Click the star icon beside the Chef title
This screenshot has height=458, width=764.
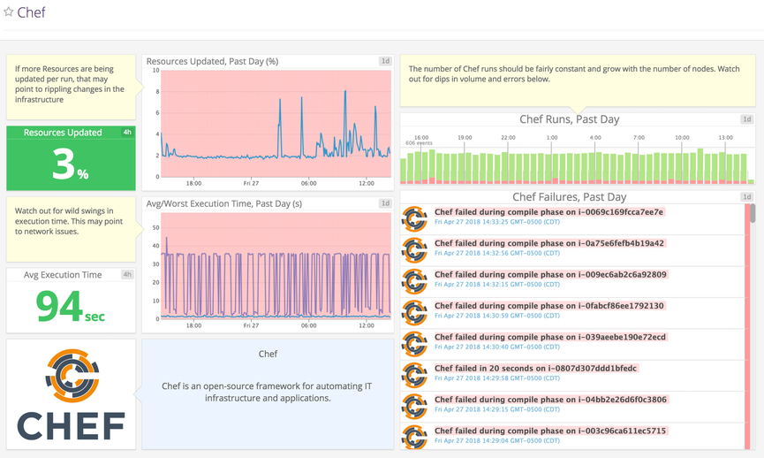9,12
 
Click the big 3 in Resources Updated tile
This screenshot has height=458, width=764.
63,165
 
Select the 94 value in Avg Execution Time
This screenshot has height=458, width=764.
59,306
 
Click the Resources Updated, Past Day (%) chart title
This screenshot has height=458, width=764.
212,61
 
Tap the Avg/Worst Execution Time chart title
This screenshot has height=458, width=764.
223,203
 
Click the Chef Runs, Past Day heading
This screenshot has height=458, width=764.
569,119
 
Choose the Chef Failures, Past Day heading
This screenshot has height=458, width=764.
569,197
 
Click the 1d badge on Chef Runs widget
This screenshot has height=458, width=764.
747,119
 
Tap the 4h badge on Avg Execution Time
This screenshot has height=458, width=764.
127,275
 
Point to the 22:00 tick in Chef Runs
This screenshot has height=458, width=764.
508,138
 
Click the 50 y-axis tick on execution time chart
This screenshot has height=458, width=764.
155,227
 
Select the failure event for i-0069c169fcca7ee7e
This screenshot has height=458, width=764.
548,212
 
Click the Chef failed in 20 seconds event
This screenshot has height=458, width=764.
535,368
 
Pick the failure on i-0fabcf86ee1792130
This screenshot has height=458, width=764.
548,306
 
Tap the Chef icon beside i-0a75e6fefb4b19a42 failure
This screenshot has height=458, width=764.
415,249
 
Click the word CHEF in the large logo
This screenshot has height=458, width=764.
71,425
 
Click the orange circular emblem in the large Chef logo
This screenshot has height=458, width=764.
71,376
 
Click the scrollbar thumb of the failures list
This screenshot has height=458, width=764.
752,213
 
